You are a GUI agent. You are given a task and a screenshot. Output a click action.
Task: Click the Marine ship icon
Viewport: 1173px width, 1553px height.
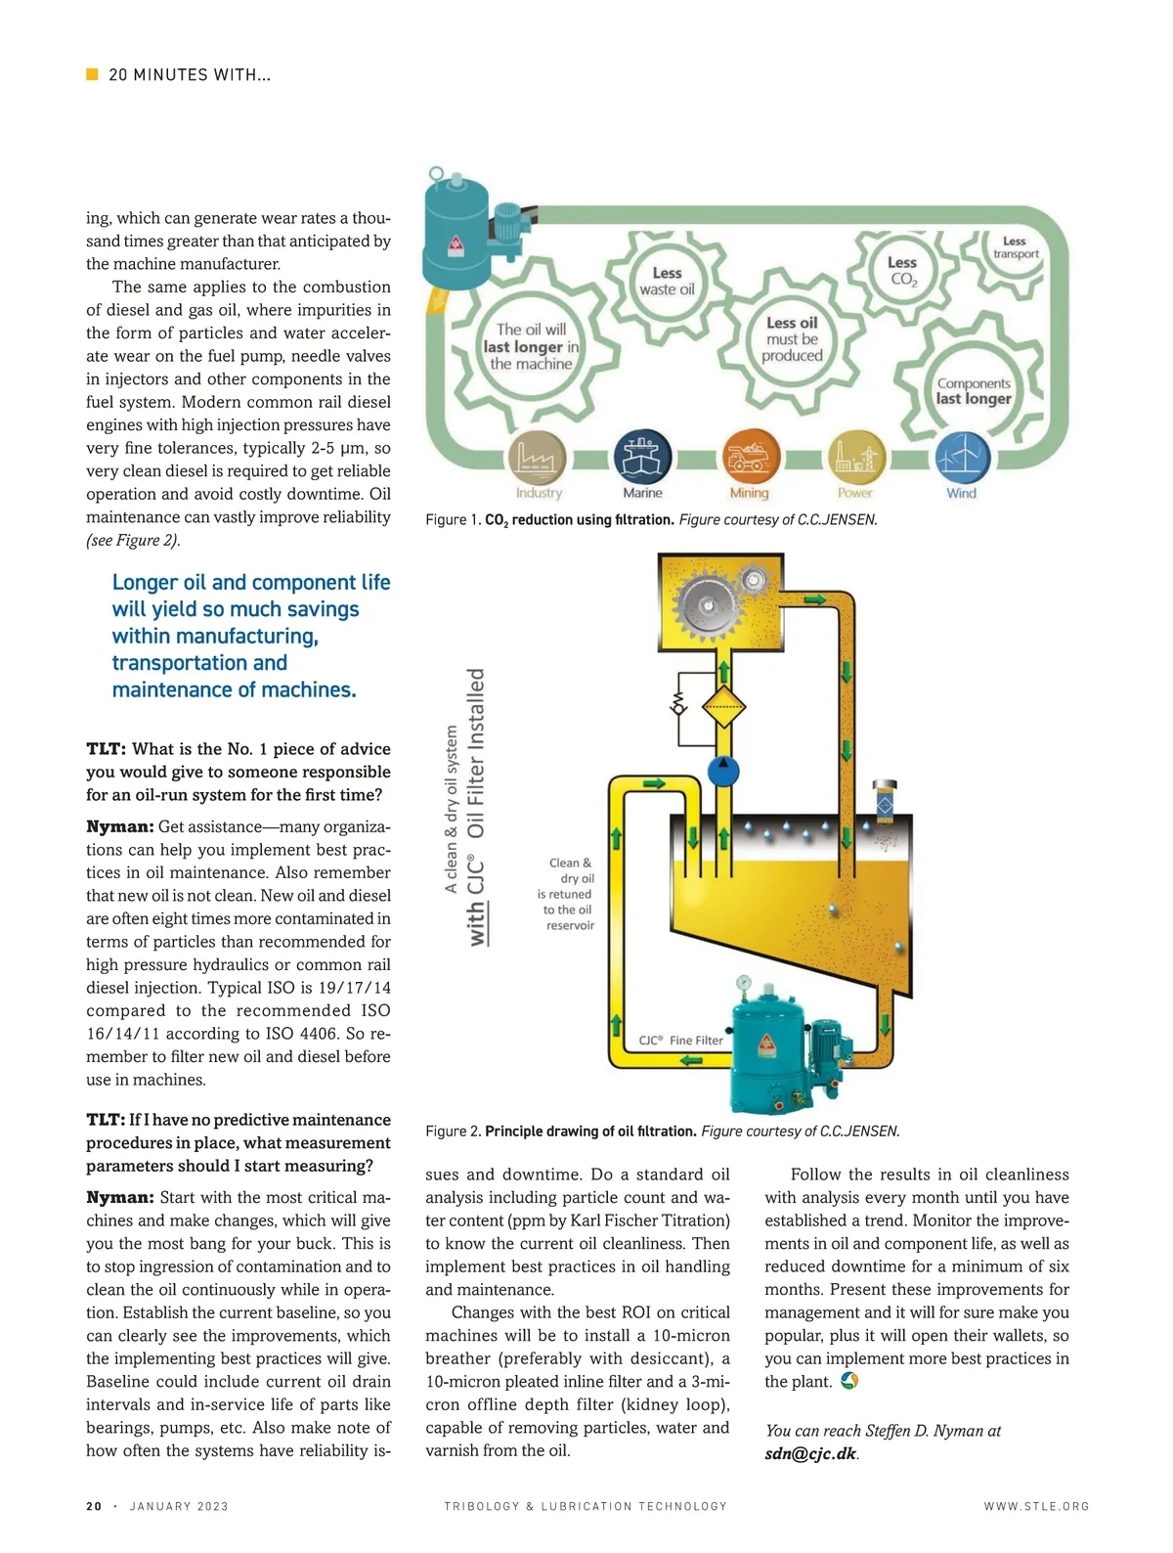click(642, 456)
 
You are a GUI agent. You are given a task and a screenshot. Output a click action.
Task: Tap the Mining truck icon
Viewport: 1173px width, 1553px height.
click(750, 457)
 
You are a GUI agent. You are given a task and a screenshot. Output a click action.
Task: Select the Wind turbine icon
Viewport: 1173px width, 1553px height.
click(963, 457)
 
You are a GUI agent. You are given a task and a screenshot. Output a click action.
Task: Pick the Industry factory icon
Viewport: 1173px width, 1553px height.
click(537, 457)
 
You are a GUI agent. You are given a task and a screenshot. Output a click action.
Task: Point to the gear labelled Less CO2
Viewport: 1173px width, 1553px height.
click(902, 271)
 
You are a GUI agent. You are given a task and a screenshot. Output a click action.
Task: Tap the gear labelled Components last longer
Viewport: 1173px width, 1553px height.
click(973, 390)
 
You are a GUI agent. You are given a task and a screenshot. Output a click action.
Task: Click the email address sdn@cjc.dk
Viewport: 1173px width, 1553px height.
click(810, 1453)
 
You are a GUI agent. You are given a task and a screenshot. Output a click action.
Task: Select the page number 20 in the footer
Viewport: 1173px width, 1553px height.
click(94, 1506)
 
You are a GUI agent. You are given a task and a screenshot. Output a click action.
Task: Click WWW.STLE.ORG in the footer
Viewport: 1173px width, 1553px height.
click(1036, 1506)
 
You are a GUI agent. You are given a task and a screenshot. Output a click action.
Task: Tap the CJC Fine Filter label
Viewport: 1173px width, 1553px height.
click(680, 1041)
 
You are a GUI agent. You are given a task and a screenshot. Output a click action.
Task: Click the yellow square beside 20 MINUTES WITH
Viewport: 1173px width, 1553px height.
click(93, 74)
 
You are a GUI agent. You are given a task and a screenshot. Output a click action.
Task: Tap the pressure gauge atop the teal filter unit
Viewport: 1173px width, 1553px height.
click(744, 982)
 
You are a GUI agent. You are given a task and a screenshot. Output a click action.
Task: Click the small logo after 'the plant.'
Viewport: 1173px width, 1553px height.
click(849, 1381)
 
